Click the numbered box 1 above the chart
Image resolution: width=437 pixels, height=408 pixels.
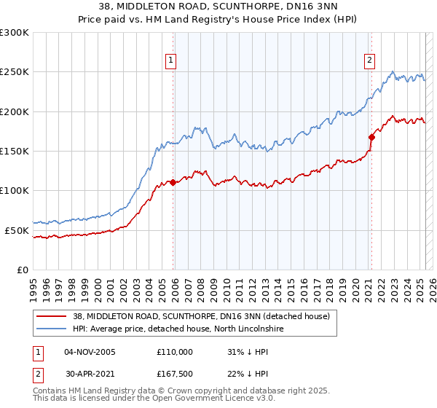[x=170, y=60]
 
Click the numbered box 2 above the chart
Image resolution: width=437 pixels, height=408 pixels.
[x=370, y=60]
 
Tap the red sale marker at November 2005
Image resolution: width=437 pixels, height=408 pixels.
[x=173, y=183]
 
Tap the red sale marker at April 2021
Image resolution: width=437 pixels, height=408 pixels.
[x=371, y=136]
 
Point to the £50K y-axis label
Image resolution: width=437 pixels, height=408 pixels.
[x=17, y=230]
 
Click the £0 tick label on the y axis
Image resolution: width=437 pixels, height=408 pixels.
[x=23, y=270]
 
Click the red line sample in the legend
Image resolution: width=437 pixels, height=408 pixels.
[x=51, y=316]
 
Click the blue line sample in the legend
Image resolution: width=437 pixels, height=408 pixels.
[x=51, y=329]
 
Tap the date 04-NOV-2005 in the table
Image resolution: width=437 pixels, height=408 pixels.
[x=90, y=352]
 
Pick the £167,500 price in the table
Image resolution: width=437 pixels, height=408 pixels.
[x=175, y=375]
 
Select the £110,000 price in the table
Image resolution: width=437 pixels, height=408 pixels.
[x=175, y=352]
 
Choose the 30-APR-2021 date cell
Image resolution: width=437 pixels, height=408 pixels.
[x=90, y=375]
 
